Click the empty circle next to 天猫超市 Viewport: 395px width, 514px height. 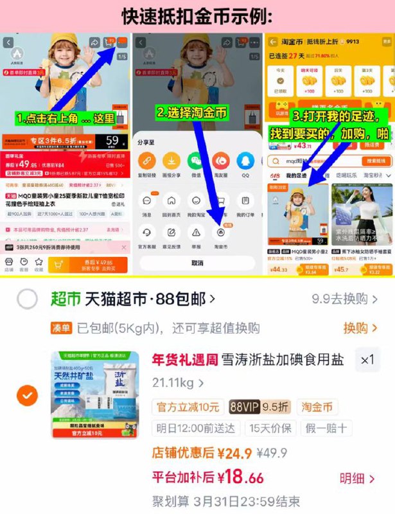click(x=28, y=299)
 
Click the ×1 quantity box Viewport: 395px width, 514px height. click(x=367, y=360)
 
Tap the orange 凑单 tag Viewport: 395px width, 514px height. click(x=62, y=328)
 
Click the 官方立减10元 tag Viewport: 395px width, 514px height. click(x=188, y=407)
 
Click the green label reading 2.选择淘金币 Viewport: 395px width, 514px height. click(x=193, y=112)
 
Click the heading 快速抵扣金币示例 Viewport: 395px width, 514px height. click(x=197, y=16)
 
